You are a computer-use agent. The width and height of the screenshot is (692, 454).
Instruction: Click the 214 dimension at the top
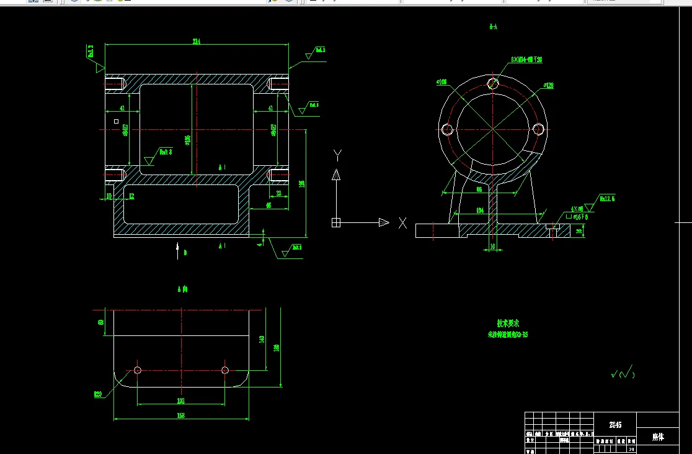(x=197, y=42)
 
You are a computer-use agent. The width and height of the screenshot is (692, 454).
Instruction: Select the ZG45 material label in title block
(x=615, y=425)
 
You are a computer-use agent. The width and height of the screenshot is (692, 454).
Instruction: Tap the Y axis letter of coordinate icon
(x=337, y=154)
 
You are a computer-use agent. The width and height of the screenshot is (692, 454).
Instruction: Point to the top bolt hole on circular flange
(x=494, y=83)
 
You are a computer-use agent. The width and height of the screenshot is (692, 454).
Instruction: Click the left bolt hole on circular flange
(x=446, y=129)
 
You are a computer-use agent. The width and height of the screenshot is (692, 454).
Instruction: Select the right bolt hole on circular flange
(x=538, y=129)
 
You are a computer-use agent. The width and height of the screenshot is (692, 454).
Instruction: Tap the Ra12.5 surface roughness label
(x=607, y=199)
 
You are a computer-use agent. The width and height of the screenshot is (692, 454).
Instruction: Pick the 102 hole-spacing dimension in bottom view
(x=181, y=401)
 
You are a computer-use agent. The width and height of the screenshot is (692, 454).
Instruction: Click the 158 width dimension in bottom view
(x=181, y=415)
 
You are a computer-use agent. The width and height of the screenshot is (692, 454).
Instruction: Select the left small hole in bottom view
(x=138, y=370)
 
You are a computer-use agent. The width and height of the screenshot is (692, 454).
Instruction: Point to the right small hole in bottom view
(x=225, y=370)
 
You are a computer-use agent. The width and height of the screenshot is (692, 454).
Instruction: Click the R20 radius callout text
(x=97, y=394)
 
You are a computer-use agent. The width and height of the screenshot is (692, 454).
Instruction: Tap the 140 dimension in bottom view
(x=262, y=338)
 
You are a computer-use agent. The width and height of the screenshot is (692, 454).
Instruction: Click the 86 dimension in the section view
(x=479, y=189)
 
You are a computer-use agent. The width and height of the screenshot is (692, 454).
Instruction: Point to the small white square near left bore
(x=116, y=122)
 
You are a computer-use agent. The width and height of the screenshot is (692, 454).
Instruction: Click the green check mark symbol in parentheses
(x=623, y=373)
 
